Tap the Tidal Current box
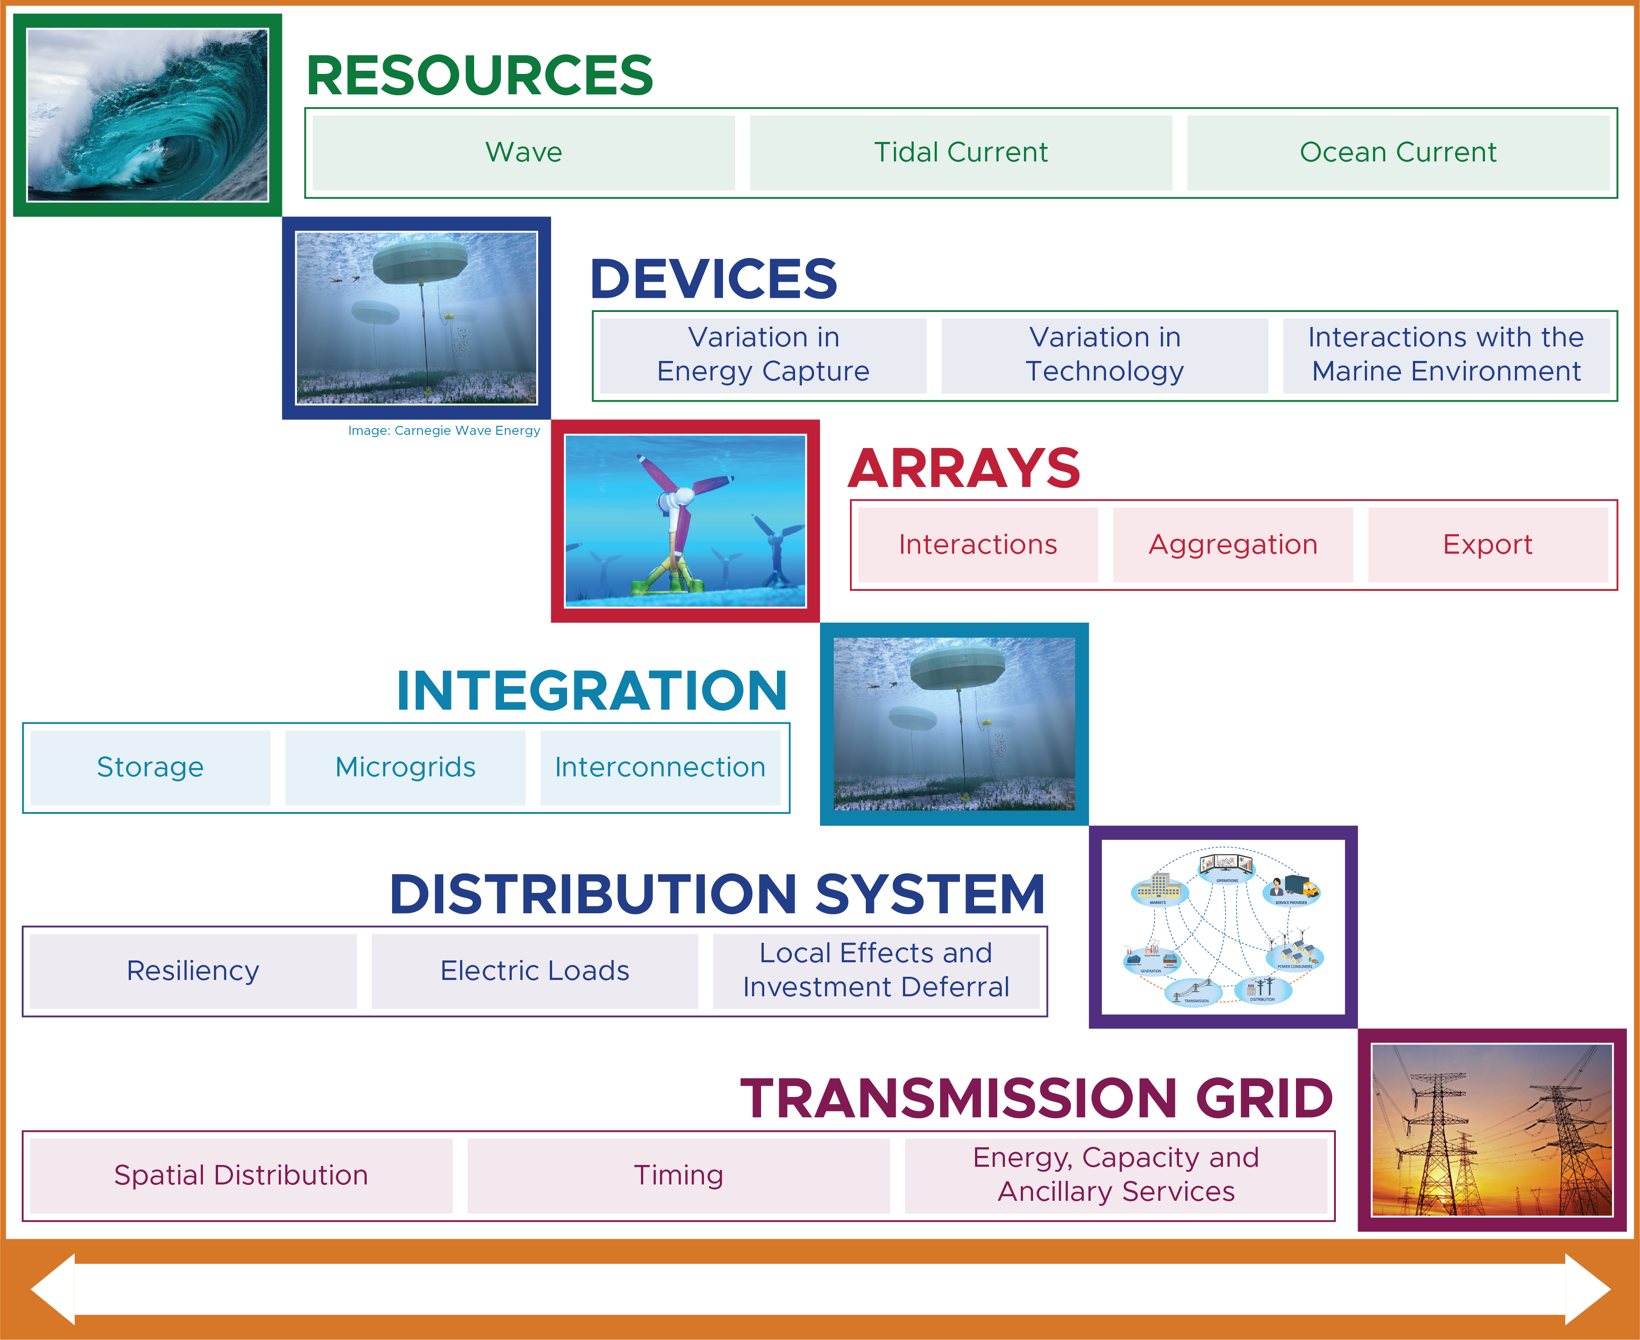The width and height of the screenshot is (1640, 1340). click(961, 152)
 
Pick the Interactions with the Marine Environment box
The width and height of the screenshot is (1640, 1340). click(1446, 355)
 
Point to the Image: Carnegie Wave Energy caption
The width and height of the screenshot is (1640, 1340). click(444, 431)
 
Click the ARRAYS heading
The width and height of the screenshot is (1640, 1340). click(964, 468)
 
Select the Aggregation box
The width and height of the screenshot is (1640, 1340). click(1232, 544)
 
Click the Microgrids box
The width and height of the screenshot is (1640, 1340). click(405, 767)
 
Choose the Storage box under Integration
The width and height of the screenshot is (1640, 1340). click(150, 767)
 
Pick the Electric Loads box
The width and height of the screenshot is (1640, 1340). click(534, 970)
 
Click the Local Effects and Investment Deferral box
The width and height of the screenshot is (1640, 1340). click(876, 970)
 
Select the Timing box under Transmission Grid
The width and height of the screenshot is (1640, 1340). click(678, 1175)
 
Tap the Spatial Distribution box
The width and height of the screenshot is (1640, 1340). click(241, 1175)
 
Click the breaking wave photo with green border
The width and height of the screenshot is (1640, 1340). click(147, 115)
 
